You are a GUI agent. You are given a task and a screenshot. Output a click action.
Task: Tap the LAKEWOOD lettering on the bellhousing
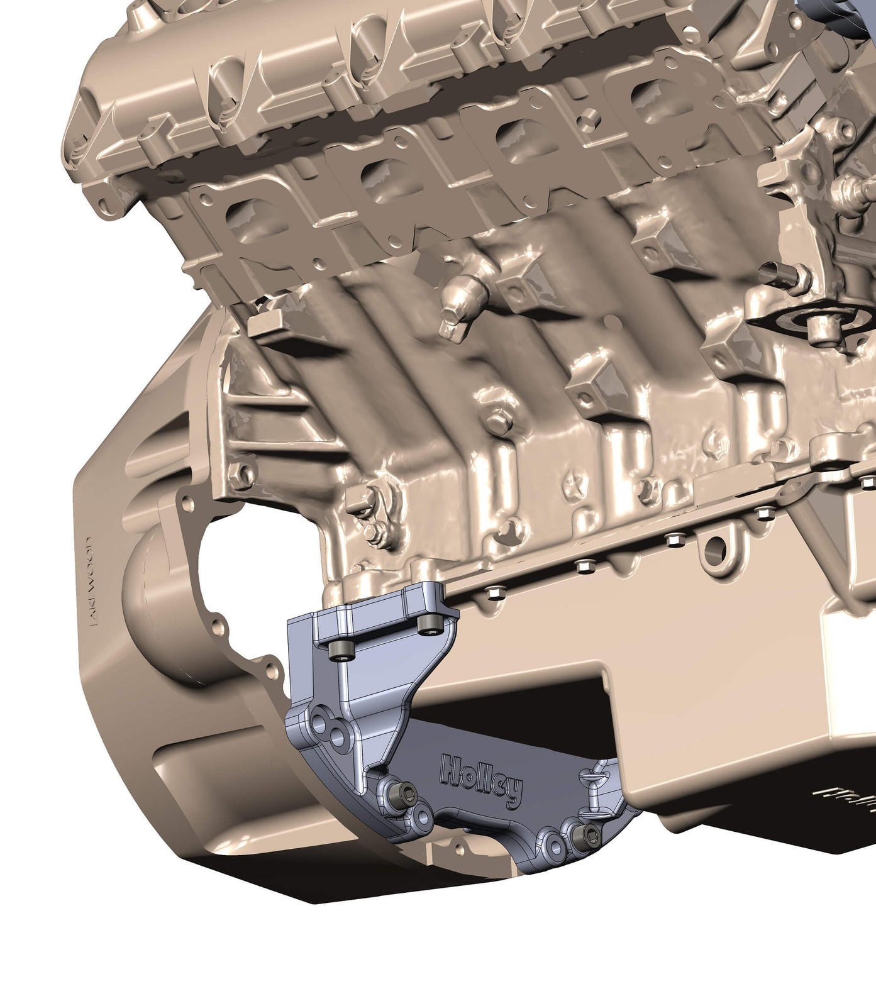click(92, 580)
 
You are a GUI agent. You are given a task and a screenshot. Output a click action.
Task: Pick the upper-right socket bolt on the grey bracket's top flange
click(430, 623)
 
